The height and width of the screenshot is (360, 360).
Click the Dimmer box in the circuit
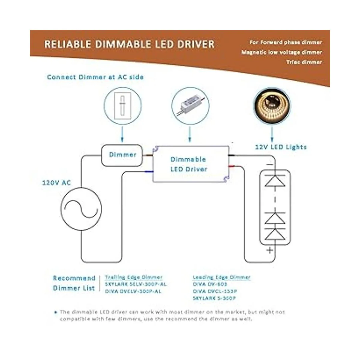tap(122, 155)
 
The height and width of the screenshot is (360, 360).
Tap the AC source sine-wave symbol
tap(81, 208)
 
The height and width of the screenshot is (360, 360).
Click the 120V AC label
tap(56, 182)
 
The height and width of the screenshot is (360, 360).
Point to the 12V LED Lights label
tap(281, 147)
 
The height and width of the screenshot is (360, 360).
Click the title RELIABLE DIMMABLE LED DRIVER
tap(130, 44)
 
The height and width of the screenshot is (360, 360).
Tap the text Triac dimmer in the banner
tap(304, 62)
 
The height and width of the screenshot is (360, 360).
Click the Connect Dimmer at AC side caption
tap(95, 77)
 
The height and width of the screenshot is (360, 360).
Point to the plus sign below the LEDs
tap(270, 250)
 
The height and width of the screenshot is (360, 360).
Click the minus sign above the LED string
tap(270, 165)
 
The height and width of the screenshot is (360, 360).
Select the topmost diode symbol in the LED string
tap(274, 180)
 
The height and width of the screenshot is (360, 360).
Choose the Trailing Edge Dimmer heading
tap(133, 277)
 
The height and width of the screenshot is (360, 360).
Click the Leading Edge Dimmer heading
tap(221, 277)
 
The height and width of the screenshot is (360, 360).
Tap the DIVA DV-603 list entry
tap(210, 284)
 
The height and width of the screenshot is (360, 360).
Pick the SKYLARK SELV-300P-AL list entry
tap(136, 284)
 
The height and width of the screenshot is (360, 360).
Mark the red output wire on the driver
tap(232, 166)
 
